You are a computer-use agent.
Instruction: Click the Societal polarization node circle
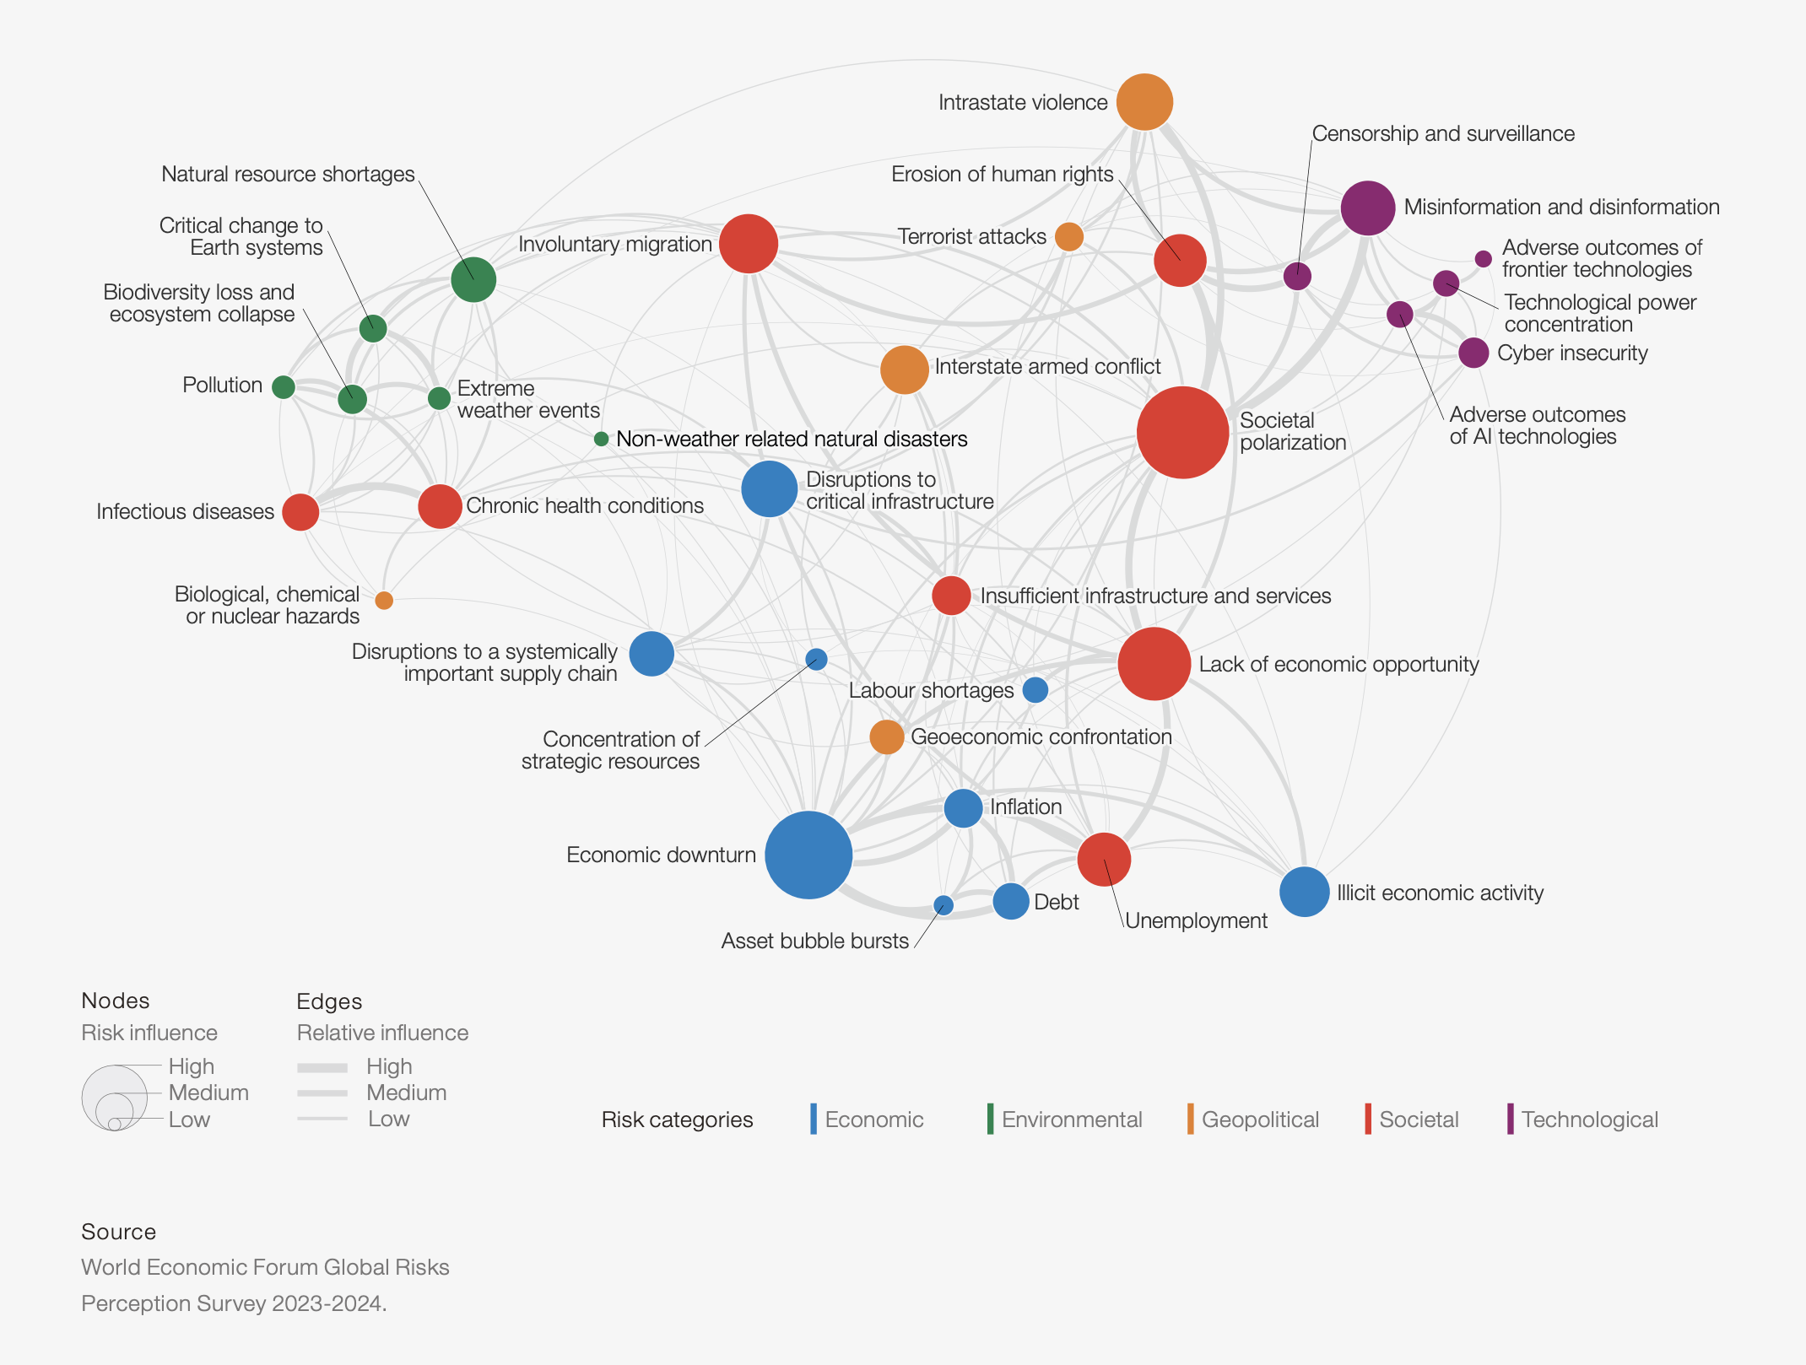(x=1182, y=433)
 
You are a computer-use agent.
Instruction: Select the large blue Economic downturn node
(x=808, y=855)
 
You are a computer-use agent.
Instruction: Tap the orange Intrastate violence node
(x=1144, y=102)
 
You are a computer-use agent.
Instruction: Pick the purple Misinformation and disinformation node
(x=1367, y=208)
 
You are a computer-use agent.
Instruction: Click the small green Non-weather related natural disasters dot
(x=601, y=439)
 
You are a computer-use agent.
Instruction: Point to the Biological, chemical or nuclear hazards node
(x=384, y=601)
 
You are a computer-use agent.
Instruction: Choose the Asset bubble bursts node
(x=944, y=905)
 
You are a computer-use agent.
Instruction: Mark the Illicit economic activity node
(x=1305, y=892)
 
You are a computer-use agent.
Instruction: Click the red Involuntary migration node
(x=749, y=244)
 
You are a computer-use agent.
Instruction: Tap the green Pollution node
(x=284, y=386)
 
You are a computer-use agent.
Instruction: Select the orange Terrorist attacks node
(x=1069, y=237)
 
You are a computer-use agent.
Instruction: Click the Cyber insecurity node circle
(x=1473, y=353)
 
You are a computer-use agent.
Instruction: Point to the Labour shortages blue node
(x=1035, y=690)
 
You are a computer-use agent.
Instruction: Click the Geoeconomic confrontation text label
(x=1041, y=736)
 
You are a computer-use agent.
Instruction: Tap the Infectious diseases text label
(x=185, y=511)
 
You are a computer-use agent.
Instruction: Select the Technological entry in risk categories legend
(x=1589, y=1120)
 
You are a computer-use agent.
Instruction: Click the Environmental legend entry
(x=1071, y=1120)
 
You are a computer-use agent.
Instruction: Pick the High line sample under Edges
(x=322, y=1067)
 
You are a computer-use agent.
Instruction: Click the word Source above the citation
(x=119, y=1232)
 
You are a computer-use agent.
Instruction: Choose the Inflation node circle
(x=963, y=808)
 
